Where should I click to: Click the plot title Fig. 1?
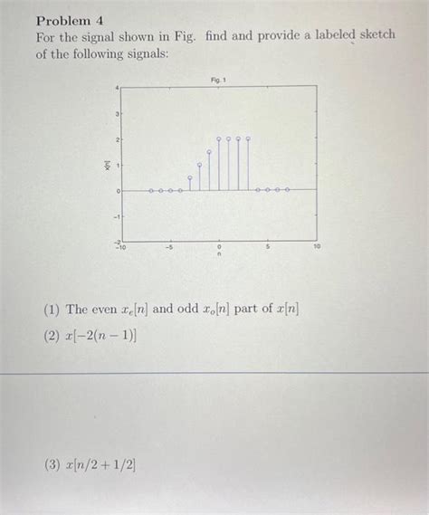point(218,80)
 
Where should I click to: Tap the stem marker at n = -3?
point(189,178)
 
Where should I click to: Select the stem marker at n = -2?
point(199,165)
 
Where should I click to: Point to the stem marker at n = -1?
point(209,152)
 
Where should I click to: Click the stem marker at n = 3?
point(248,139)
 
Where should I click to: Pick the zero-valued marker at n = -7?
point(150,191)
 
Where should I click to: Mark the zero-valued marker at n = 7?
point(288,190)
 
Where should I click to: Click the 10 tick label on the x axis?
point(317,245)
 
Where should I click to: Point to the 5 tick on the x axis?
point(268,245)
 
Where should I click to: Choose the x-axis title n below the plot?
point(218,255)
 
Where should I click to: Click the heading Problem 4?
point(71,20)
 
